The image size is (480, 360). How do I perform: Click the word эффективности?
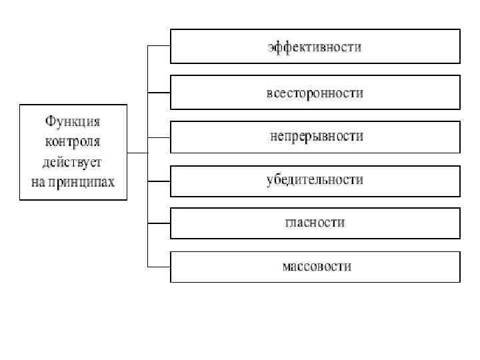(315, 47)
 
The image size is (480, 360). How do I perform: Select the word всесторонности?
(315, 93)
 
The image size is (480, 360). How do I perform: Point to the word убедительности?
(315, 180)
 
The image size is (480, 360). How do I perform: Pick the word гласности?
(315, 223)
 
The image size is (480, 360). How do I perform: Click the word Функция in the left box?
(73, 122)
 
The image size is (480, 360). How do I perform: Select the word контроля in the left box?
(73, 141)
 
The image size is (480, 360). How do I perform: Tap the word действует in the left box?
(73, 161)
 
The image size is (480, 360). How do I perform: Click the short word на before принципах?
(37, 181)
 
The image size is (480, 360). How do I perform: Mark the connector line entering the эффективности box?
(159, 46)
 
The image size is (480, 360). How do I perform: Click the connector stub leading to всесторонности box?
(159, 91)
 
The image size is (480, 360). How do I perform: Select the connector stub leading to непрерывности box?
(159, 136)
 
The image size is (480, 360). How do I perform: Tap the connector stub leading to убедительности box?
(159, 179)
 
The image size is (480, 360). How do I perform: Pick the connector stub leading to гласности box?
(159, 223)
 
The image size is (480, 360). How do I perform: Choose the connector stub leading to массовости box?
(159, 266)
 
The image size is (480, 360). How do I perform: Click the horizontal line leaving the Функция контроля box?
(137, 153)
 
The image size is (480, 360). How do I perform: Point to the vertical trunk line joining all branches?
(147, 200)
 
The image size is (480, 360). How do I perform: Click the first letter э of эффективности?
(271, 48)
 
